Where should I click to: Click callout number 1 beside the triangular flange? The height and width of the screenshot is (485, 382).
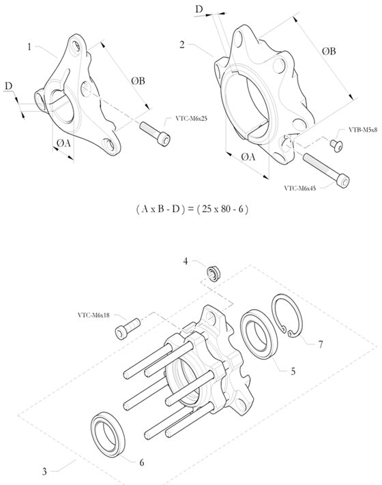point(29,47)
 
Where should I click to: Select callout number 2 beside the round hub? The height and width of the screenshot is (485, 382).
point(182,45)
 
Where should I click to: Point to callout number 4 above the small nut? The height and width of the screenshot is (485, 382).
point(185,261)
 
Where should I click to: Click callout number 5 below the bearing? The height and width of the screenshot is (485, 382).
point(293,372)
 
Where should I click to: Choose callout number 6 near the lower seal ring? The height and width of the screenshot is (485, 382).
point(142,462)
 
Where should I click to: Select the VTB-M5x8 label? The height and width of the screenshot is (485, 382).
point(363,129)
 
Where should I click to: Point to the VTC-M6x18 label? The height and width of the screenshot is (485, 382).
point(95,316)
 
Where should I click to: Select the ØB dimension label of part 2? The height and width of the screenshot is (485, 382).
point(328,50)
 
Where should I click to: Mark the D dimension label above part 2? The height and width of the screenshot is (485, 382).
point(199,9)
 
